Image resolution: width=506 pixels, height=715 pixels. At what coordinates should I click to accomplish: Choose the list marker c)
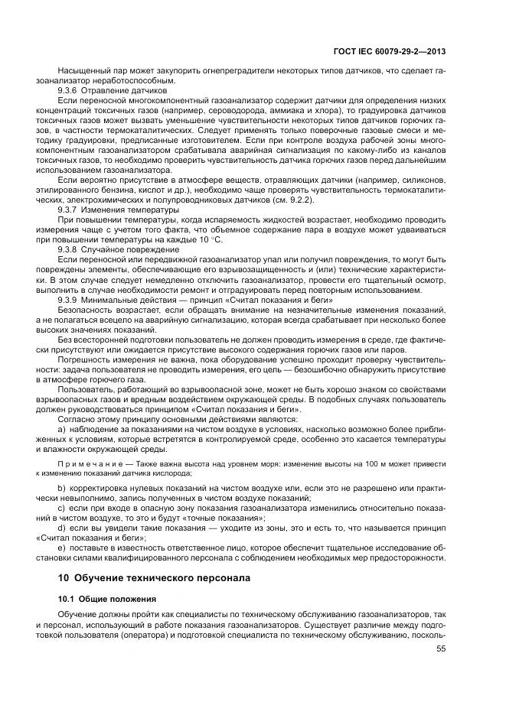[x=61, y=508]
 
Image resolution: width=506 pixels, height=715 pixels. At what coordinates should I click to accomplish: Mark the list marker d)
[x=61, y=528]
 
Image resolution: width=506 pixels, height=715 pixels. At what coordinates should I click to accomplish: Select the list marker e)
[x=61, y=548]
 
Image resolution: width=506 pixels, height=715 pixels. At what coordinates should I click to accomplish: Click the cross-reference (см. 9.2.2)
[x=293, y=199]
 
